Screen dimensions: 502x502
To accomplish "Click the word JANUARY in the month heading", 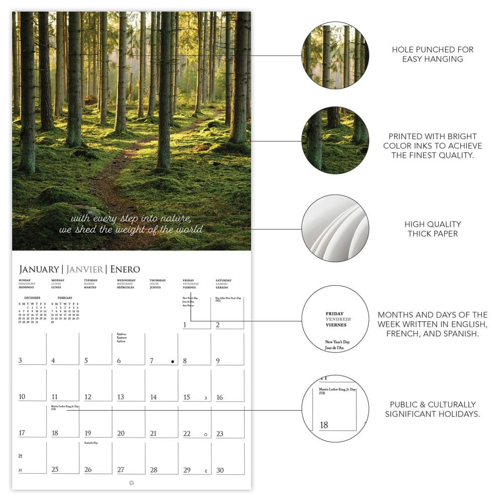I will (x=39, y=270).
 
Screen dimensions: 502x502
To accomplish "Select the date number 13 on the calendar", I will (x=120, y=397).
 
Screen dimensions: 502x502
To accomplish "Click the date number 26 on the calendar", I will (x=88, y=470).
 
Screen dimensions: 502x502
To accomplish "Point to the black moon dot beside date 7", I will (x=172, y=361).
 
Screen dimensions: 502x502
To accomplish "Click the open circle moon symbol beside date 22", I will (x=205, y=434).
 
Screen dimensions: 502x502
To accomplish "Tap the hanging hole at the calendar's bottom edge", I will (x=132, y=482).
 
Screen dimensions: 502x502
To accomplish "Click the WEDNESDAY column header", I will (x=126, y=281).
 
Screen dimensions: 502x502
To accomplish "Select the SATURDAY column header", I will (x=223, y=281).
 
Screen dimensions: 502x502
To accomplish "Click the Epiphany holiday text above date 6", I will (x=121, y=334).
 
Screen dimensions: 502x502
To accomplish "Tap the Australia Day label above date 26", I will (x=91, y=443).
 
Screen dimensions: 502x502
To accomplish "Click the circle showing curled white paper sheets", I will (x=335, y=228).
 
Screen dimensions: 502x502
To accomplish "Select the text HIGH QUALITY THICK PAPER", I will (x=433, y=229).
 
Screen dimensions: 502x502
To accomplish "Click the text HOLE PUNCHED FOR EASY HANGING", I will (x=433, y=54).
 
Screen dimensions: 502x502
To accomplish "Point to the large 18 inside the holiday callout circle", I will (x=324, y=425).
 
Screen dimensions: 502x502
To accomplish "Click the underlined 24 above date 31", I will (x=21, y=456).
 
